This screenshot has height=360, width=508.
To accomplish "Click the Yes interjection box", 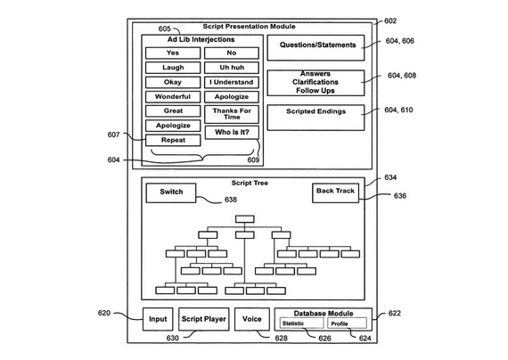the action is pos(173,53).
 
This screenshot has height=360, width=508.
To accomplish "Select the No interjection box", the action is pos(232,53).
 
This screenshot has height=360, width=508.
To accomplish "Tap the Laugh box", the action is pos(173,68).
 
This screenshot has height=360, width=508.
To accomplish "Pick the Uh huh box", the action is pos(232,68).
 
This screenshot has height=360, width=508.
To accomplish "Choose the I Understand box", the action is pos(232,82).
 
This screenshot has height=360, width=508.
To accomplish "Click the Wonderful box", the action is pos(173,97).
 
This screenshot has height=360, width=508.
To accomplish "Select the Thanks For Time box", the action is pos(232,114).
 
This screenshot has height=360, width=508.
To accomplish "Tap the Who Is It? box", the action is pos(232,132).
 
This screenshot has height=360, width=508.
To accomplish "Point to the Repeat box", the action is pos(173,140).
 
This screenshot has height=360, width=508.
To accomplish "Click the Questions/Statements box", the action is pos(315,47).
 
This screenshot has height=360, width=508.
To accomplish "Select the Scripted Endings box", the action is pos(315,118).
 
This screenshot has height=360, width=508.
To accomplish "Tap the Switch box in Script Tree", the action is pos(171,193).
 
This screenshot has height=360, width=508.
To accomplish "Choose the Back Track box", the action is pos(335,193).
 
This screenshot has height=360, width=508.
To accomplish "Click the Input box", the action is pos(158,319).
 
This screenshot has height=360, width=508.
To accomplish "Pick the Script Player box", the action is pos(204,319).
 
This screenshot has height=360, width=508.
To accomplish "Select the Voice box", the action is pos(252,319).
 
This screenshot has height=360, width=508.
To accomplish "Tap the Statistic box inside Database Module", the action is pos(301,323).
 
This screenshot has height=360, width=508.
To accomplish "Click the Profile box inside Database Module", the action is pos(347,323).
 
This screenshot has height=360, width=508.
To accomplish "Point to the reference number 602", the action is pos(390,21).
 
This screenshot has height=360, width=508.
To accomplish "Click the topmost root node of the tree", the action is pos(245,219).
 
